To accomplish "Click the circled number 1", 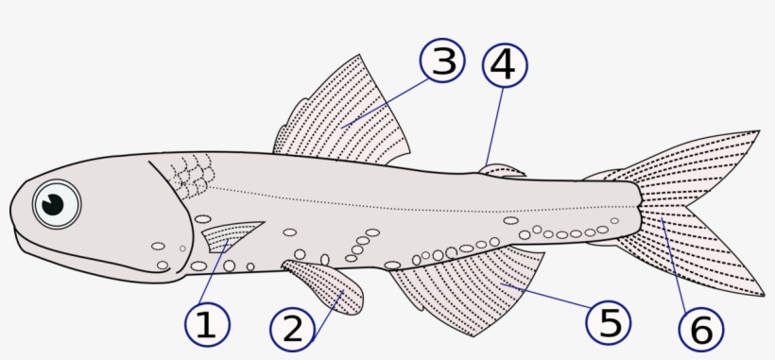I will pyautogui.click(x=206, y=325).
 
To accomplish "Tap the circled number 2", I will pyautogui.click(x=293, y=330).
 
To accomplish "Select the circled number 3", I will pyautogui.click(x=442, y=62).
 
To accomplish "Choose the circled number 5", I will pyautogui.click(x=610, y=323).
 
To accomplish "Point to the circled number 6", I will pyautogui.click(x=700, y=330).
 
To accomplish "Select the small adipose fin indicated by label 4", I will pyautogui.click(x=501, y=171).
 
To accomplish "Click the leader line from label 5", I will pyautogui.click(x=548, y=299).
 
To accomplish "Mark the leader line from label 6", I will pyautogui.click(x=679, y=269).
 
